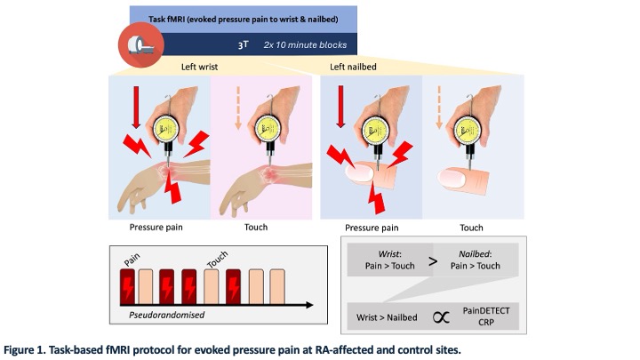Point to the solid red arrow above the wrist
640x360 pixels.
(x=136, y=105)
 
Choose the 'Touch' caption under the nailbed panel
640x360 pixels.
(x=472, y=228)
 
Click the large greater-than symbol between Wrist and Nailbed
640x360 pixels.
(x=432, y=262)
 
